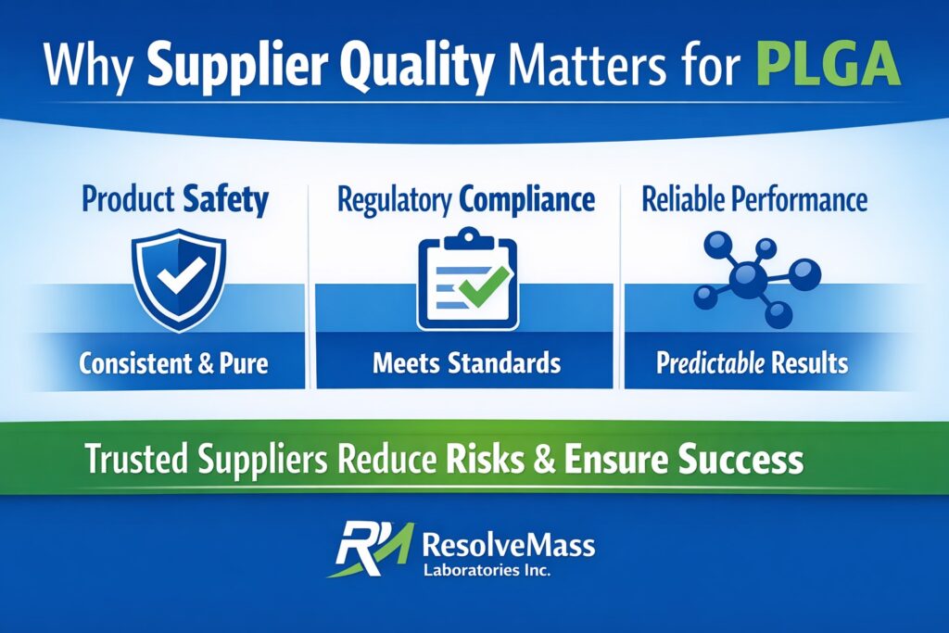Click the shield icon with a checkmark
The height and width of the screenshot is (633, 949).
[x=179, y=278]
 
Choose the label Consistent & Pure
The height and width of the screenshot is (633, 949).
[x=173, y=362]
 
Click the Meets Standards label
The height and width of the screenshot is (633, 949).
[x=466, y=362]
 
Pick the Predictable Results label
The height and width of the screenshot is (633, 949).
[x=752, y=362]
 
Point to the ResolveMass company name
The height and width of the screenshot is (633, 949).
[x=508, y=541]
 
